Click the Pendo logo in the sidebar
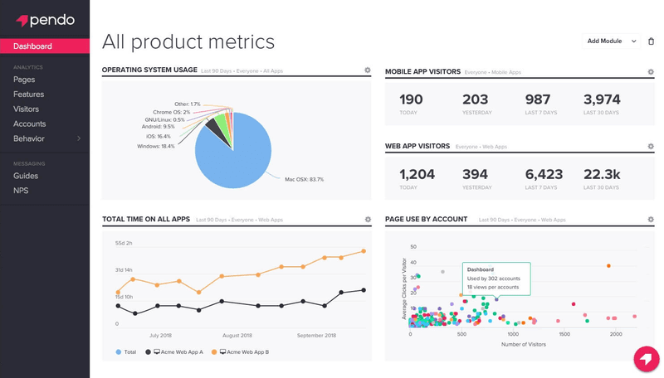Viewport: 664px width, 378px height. coord(40,19)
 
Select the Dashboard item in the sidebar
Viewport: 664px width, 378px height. coord(33,46)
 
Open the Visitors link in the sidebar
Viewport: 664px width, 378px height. coord(26,109)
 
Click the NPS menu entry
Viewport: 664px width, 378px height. coord(22,191)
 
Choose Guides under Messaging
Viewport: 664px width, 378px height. coord(26,176)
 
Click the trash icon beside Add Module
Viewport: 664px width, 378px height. coord(651,41)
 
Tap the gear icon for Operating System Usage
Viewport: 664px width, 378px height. coord(368,71)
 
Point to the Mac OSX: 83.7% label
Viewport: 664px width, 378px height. coord(304,179)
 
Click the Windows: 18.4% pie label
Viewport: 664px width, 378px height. coord(156,146)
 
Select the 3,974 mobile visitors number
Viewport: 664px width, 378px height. coord(602,100)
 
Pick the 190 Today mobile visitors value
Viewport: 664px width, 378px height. coord(411,100)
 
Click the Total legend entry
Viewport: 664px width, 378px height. coord(128,352)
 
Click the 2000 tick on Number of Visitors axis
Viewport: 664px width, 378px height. coord(616,335)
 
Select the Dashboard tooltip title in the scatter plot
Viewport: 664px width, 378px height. coord(481,269)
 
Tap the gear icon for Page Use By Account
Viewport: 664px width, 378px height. coord(650,220)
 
